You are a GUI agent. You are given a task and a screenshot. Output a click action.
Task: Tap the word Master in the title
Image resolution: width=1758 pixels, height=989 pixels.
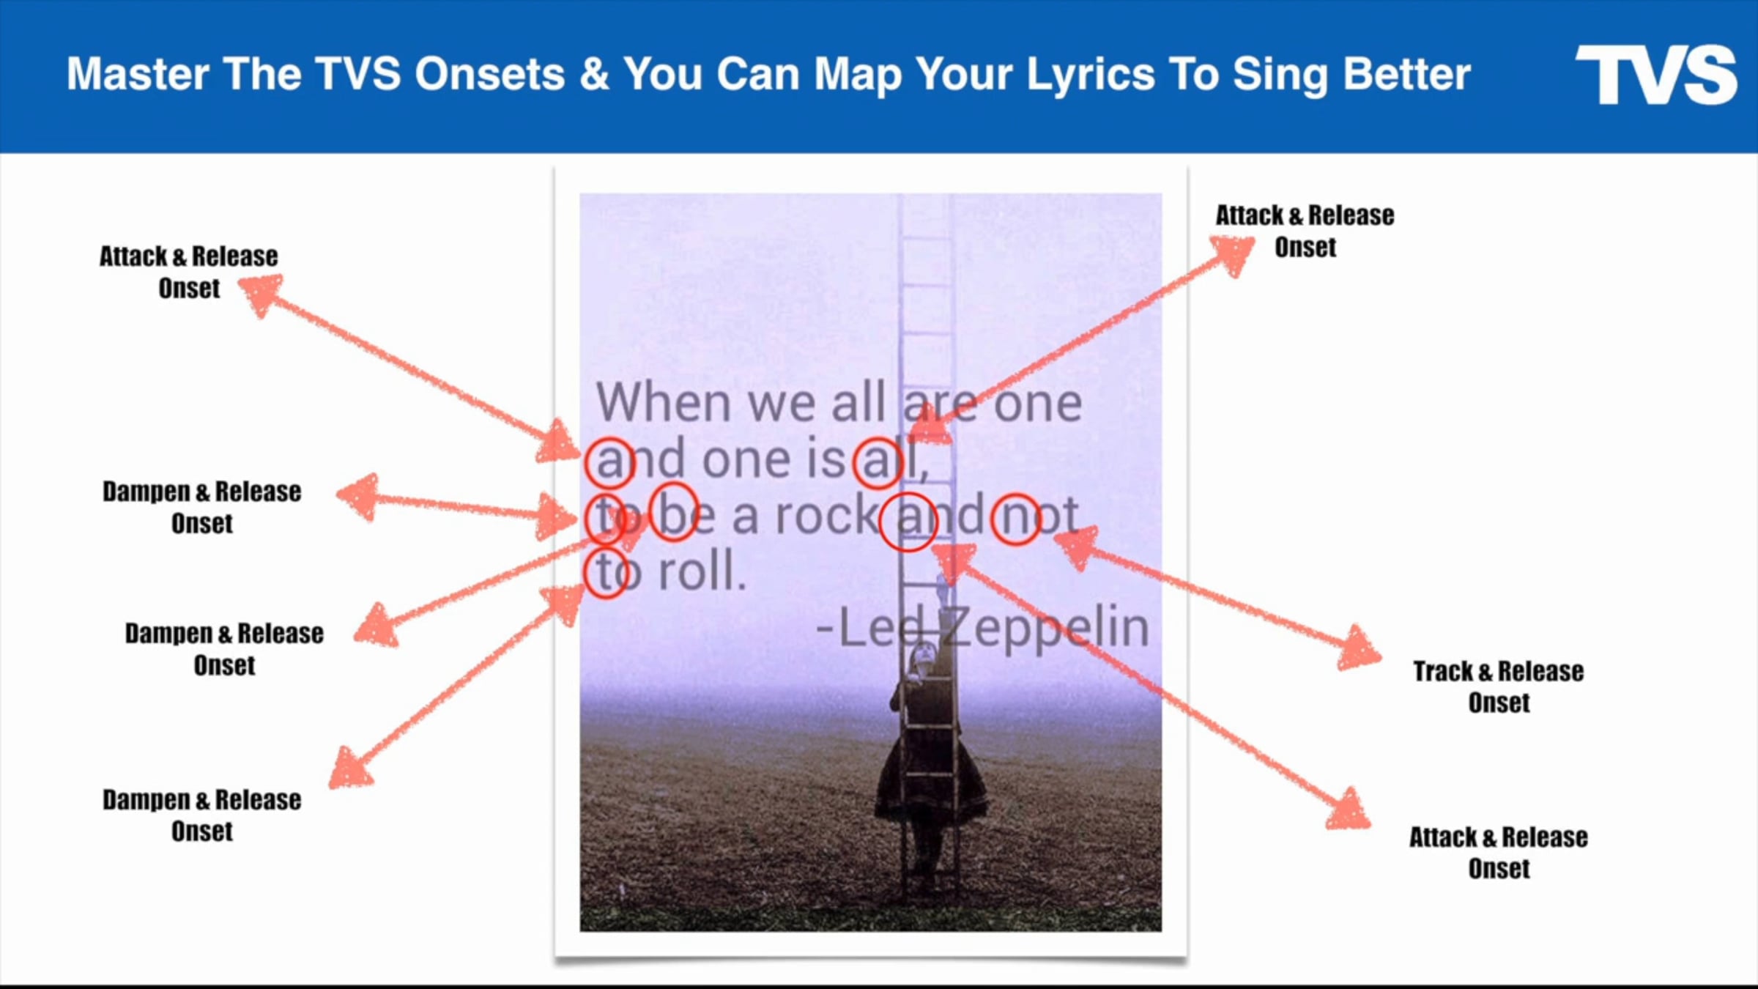pyautogui.click(x=138, y=74)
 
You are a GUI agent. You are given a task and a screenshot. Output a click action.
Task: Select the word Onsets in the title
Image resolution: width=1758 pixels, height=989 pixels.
pyautogui.click(x=489, y=74)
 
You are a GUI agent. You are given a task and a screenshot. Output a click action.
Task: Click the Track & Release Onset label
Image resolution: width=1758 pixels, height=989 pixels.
pyautogui.click(x=1498, y=686)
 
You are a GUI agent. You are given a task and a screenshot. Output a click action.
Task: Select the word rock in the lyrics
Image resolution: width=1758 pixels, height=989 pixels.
pyautogui.click(x=826, y=515)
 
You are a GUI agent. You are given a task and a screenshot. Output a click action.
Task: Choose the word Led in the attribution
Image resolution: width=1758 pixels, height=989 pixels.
pyautogui.click(x=886, y=628)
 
